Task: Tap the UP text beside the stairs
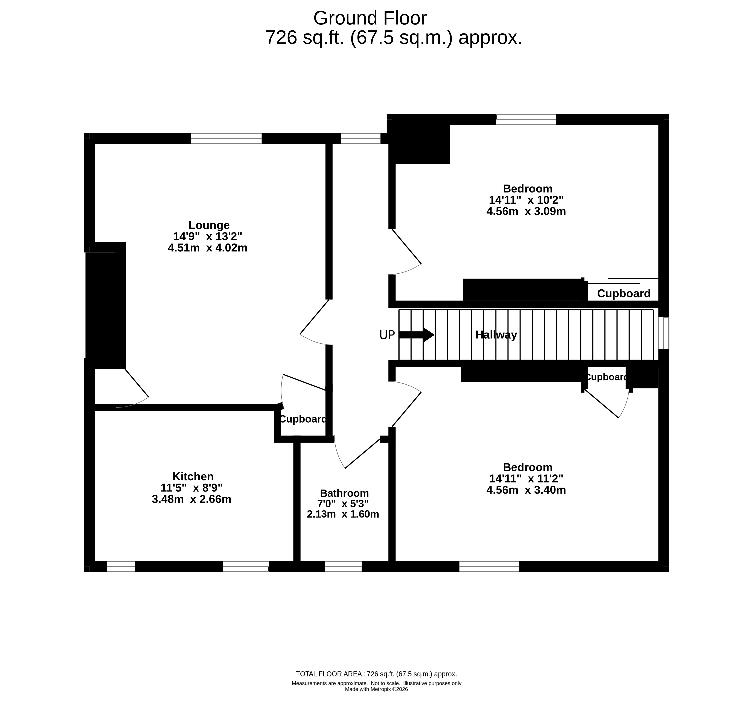tap(387, 335)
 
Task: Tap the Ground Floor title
tap(370, 18)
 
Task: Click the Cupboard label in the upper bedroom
tap(624, 293)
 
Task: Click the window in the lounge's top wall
tap(226, 139)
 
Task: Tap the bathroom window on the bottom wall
tap(343, 566)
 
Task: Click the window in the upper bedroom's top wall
tap(526, 119)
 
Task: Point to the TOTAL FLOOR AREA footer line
tap(376, 674)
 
